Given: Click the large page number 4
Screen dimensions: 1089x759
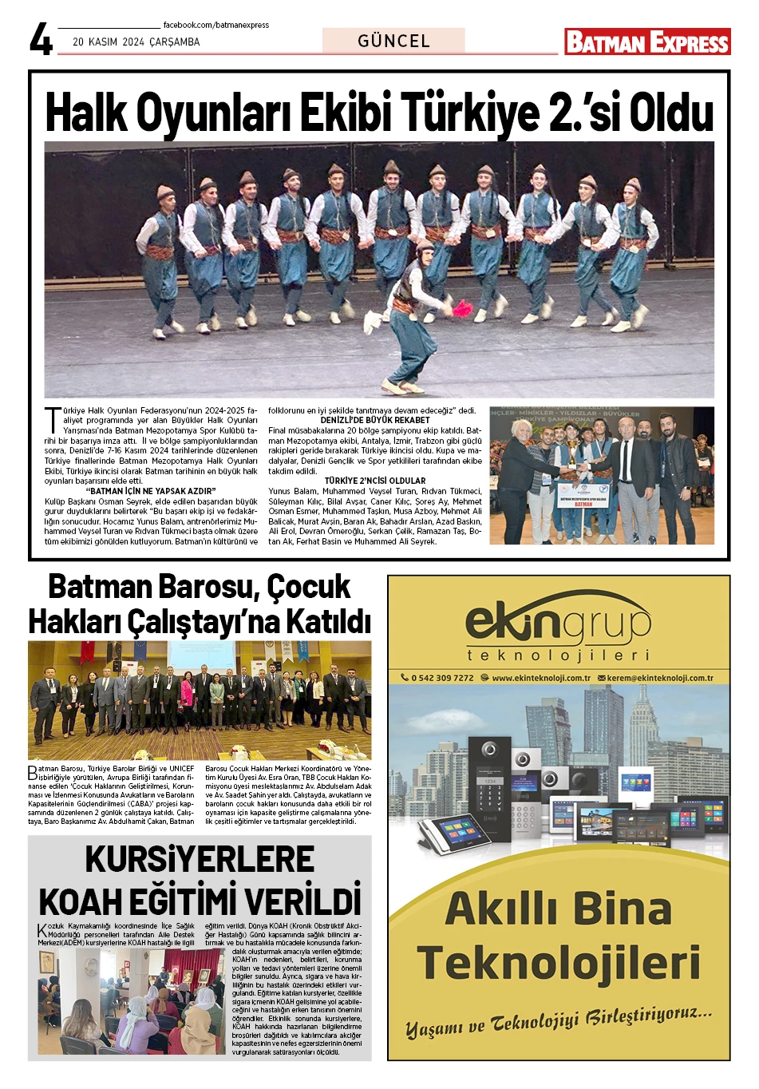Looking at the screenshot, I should click(x=41, y=39).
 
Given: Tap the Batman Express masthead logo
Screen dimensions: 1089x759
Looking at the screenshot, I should click(x=647, y=42).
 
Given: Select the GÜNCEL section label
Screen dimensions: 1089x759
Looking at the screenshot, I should click(x=393, y=41).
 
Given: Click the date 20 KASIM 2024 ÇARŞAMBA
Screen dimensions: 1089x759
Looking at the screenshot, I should click(x=136, y=42).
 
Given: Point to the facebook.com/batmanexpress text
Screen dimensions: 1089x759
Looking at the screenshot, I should click(x=215, y=26).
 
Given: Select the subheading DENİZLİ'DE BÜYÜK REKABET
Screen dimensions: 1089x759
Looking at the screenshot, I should click(x=375, y=420).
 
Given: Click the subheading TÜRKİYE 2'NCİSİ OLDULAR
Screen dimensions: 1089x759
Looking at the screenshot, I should click(x=375, y=481).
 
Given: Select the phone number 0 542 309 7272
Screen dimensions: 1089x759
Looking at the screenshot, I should click(x=441, y=678).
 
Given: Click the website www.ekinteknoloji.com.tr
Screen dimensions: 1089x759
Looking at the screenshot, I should click(x=541, y=678).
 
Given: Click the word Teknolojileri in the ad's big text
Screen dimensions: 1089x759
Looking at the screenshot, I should click(x=558, y=962).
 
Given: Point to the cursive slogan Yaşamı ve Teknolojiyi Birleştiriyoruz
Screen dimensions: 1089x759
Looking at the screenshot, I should click(x=558, y=1021).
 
